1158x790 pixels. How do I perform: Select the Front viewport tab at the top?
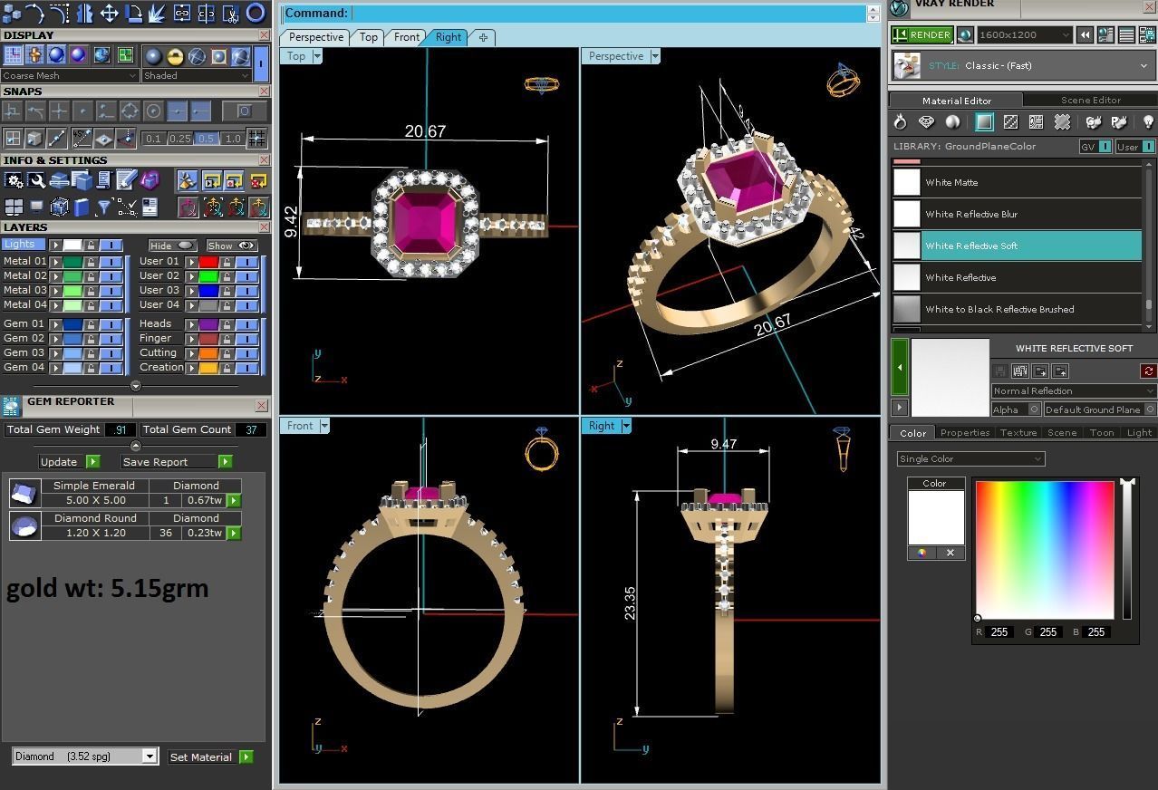tap(406, 37)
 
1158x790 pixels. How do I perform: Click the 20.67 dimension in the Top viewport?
tap(425, 131)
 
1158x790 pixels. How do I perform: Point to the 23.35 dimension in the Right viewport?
tap(630, 602)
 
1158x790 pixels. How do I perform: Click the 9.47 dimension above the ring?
tap(723, 444)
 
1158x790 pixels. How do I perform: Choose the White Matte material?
tap(951, 182)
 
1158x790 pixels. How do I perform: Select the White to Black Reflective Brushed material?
tap(999, 309)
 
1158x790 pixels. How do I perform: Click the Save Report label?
tap(155, 462)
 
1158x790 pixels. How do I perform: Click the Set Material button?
tap(201, 757)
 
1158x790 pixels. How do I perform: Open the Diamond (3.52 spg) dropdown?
tap(85, 756)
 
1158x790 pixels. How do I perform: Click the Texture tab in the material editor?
tap(1018, 433)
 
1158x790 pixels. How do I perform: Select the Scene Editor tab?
tap(1090, 100)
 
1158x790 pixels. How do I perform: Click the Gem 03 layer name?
tap(24, 352)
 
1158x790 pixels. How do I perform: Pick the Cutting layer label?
tap(158, 352)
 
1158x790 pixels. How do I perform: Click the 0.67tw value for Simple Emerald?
tap(204, 500)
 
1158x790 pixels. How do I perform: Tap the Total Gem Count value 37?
tap(251, 429)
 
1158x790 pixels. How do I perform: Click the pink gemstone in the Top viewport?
tap(424, 221)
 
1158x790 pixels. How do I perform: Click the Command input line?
tap(607, 14)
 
